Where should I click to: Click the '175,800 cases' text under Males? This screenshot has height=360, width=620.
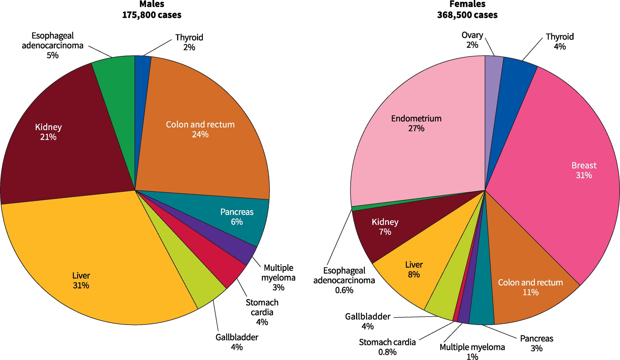(x=152, y=15)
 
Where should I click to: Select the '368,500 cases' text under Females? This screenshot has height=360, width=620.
(x=467, y=15)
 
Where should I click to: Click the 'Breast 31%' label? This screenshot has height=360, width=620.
(x=584, y=170)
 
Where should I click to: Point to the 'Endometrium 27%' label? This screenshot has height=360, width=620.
(x=416, y=123)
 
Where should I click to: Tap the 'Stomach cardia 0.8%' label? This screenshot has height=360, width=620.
(x=387, y=347)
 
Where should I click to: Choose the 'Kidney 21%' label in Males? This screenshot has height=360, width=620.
(x=48, y=132)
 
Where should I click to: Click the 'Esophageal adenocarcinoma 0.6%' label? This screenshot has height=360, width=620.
(x=344, y=280)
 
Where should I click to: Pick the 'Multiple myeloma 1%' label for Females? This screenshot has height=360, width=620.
(x=472, y=352)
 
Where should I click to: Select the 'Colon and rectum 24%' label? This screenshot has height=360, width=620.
(x=200, y=129)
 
